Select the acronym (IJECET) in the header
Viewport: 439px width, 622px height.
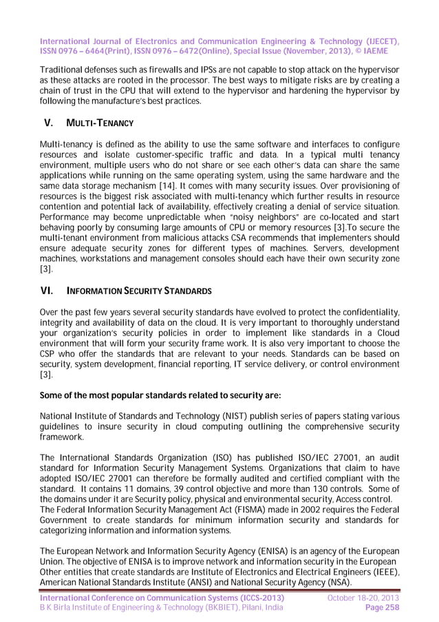(x=377, y=41)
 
